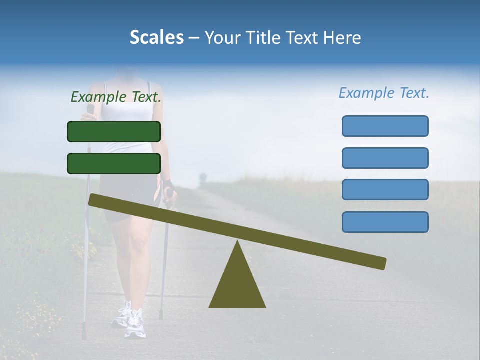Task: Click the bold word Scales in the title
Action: (x=156, y=38)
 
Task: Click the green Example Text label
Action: (x=116, y=97)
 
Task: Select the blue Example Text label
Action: (x=384, y=93)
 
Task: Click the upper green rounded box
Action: (x=114, y=131)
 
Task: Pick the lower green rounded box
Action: (x=114, y=163)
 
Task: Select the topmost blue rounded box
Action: (x=385, y=126)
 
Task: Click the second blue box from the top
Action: (x=385, y=158)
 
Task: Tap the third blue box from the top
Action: (x=385, y=190)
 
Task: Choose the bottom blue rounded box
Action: (x=385, y=222)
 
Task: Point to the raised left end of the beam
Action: (x=95, y=200)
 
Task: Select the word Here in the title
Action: (x=342, y=38)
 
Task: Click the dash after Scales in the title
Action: (x=194, y=38)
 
